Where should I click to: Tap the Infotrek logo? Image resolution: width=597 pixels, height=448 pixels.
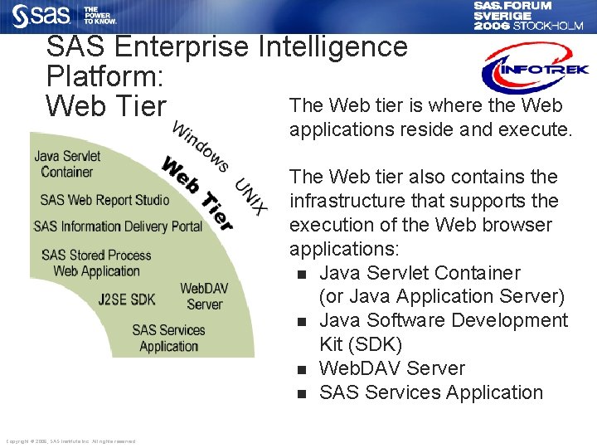pyautogui.click(x=535, y=69)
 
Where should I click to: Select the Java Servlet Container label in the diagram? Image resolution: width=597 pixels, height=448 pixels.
pyautogui.click(x=67, y=163)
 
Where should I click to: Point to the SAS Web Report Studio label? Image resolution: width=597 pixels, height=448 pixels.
pyautogui.click(x=104, y=199)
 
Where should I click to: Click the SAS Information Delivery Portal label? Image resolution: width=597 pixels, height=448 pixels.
pyautogui.click(x=118, y=226)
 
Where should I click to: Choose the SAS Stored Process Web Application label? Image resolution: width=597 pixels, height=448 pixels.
pyautogui.click(x=96, y=263)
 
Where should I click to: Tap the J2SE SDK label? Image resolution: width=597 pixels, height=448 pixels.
pyautogui.click(x=126, y=299)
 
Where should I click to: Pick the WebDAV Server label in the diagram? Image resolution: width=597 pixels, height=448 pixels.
pyautogui.click(x=204, y=296)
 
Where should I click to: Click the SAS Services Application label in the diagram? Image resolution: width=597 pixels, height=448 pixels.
pyautogui.click(x=168, y=338)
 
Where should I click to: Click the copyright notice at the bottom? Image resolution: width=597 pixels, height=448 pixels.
pyautogui.click(x=70, y=441)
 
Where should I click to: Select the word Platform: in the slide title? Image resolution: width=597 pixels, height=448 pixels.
pyautogui.click(x=104, y=77)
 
